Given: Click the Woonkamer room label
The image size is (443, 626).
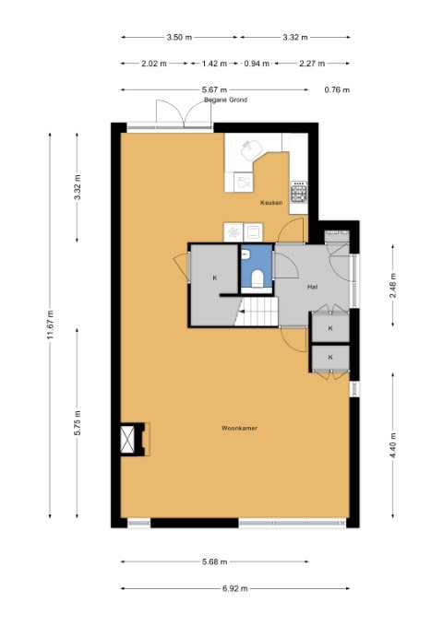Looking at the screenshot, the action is [239, 428].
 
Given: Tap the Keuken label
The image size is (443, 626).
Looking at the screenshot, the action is [271, 203].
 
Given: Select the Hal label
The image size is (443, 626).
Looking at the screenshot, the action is [312, 287].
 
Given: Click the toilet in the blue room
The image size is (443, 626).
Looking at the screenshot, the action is [257, 278].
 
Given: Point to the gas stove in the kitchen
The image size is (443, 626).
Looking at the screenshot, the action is [299, 192].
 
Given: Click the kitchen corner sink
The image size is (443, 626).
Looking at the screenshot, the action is [251, 149].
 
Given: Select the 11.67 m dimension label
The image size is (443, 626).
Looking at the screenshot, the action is [50, 325].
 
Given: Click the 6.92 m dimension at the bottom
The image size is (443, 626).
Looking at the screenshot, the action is [235, 588].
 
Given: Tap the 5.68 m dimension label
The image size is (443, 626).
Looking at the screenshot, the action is [215, 561].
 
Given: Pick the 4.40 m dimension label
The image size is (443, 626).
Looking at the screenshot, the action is [392, 445].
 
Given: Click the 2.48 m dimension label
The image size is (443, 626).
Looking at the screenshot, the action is [392, 285].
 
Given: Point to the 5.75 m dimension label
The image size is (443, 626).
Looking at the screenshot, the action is [78, 422].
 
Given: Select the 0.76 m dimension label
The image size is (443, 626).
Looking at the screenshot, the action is [337, 89].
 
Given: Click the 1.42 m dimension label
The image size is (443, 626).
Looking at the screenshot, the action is [214, 64].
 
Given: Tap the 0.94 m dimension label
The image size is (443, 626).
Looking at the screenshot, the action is [257, 64].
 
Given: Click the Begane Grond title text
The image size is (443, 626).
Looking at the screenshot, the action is [225, 100].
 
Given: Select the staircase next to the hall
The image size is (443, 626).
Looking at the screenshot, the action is [257, 311].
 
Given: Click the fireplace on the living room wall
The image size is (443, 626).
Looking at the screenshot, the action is [135, 439].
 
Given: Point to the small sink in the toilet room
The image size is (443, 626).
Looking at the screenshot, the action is [245, 254].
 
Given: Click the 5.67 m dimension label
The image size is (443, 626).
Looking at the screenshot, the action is [214, 89].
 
